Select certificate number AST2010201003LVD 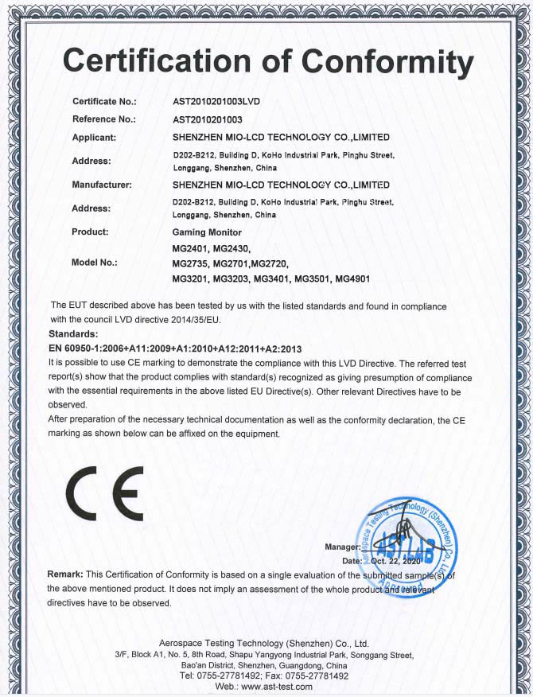(x=216, y=102)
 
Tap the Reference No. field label (x=104, y=119)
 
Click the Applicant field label (x=95, y=137)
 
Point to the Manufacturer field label (x=102, y=184)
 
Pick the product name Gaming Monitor (x=206, y=232)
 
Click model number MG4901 (x=352, y=278)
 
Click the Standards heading (x=73, y=333)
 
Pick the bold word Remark (x=65, y=574)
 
